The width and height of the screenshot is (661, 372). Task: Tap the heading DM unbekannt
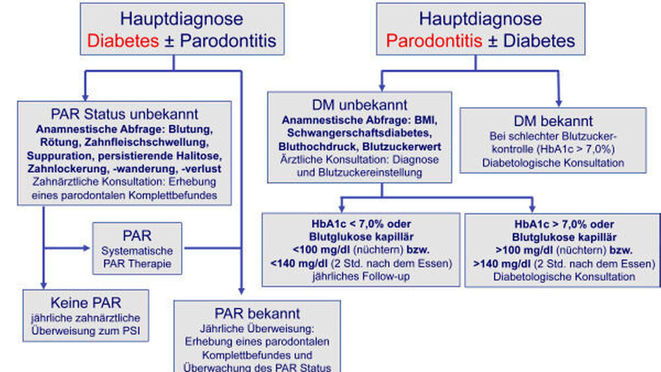coord(360,106)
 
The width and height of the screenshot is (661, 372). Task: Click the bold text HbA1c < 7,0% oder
coord(361,224)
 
